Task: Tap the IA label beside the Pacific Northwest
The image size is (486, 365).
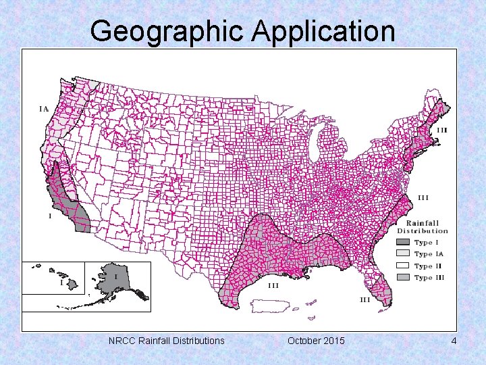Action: [43, 107]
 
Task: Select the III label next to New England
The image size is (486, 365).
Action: [442, 130]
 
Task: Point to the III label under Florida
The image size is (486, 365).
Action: [364, 299]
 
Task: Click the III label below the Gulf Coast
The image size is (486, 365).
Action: [274, 285]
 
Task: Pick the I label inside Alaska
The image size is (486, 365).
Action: [115, 276]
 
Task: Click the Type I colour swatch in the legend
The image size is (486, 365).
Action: [402, 243]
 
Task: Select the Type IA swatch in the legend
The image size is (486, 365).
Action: [402, 254]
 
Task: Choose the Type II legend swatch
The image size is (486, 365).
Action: [402, 266]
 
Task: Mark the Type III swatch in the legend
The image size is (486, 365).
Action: [402, 277]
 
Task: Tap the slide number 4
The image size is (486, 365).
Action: [454, 341]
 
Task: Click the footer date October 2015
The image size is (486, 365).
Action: [315, 341]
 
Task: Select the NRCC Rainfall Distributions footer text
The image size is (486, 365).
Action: [166, 341]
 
